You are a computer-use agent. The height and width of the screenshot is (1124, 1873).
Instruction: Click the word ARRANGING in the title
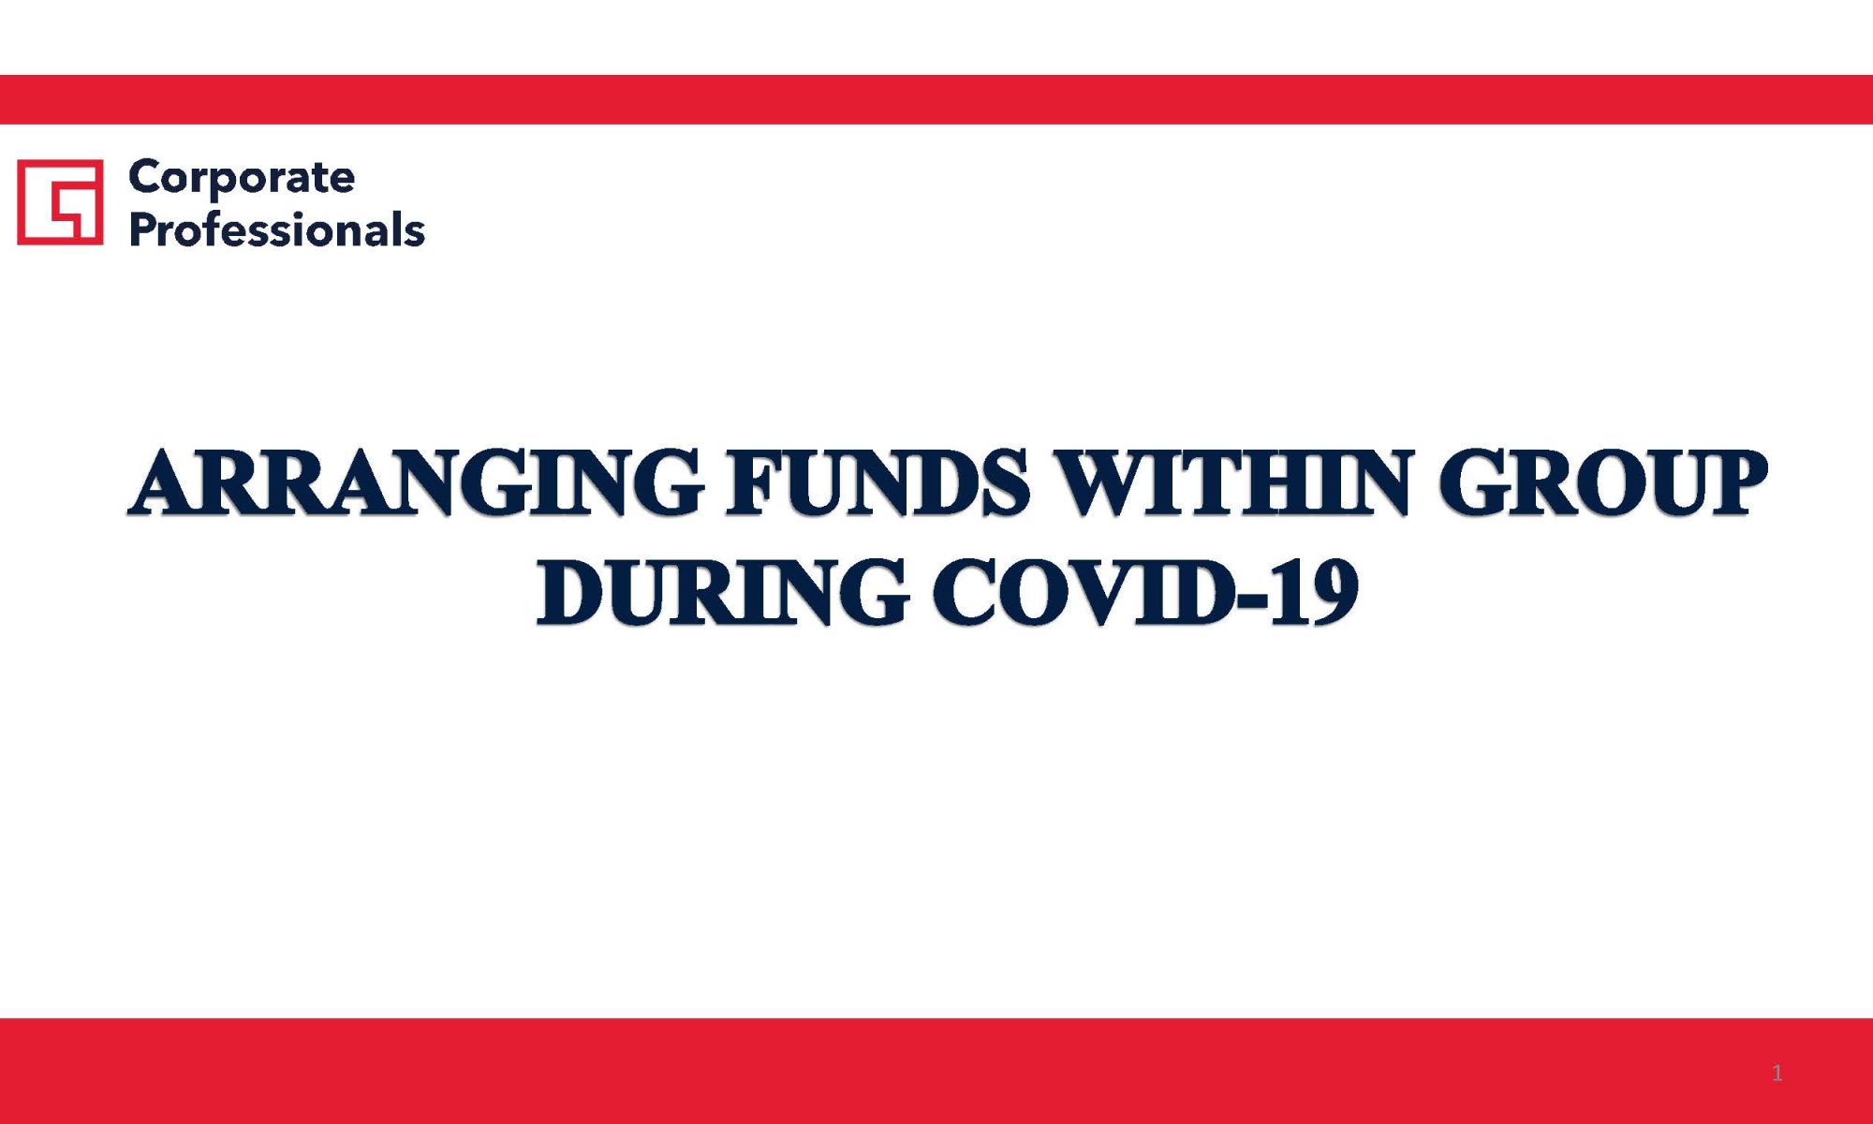pos(415,482)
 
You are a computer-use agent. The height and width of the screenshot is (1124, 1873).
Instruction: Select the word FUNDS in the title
pos(878,482)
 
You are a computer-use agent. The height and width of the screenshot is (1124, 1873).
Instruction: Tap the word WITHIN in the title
pos(1231,482)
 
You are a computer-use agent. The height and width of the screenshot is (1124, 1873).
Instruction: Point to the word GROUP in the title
pos(1602,482)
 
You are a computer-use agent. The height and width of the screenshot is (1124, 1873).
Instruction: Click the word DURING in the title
pos(722,592)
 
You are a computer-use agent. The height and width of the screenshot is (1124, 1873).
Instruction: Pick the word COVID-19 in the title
pos(1145,592)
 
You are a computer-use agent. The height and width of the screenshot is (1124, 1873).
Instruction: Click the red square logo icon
pos(60,201)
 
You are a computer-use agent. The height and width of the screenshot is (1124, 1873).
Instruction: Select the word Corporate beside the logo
pos(242,178)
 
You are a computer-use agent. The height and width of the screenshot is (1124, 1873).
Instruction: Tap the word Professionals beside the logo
pos(277,229)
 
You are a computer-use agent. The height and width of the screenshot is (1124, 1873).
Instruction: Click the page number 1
pos(1777,1073)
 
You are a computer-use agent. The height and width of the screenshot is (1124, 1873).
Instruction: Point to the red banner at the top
pos(936,99)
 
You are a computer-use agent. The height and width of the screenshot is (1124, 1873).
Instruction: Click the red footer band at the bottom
pos(936,1071)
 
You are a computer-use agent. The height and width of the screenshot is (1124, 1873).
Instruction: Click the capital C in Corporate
pos(146,176)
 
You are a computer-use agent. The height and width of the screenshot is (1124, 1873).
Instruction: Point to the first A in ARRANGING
pos(167,482)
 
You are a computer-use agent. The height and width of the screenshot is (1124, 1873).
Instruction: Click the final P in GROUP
pos(1735,482)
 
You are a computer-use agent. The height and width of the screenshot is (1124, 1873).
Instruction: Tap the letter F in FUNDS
pos(757,483)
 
